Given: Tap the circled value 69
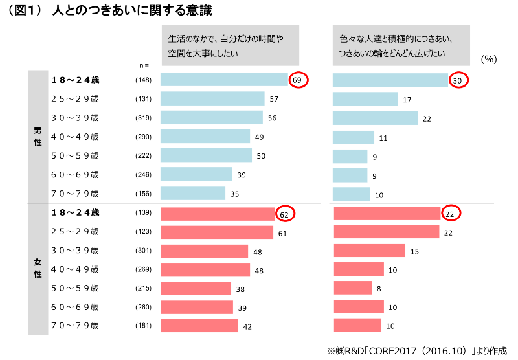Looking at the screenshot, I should [298, 80].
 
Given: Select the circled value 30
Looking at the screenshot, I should [458, 80].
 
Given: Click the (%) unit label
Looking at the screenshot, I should [489, 59].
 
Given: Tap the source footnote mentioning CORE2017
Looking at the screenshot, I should [417, 350].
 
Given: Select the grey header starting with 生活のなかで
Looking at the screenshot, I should [230, 45].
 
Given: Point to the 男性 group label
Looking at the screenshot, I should [38, 136].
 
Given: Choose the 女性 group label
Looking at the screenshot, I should [38, 269].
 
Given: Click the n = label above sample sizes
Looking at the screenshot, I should [144, 65].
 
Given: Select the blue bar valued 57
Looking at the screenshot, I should [212, 99].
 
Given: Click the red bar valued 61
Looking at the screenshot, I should [217, 232].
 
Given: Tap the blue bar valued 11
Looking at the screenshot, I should [354, 137].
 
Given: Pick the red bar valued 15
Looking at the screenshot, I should [369, 251].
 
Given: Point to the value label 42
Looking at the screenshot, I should [247, 326].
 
